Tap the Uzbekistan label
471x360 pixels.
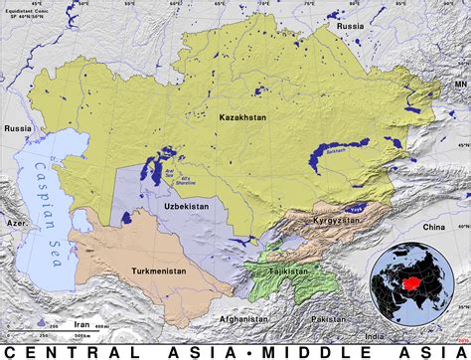click(x=182, y=205)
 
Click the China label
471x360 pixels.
click(x=434, y=228)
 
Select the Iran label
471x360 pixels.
click(x=82, y=323)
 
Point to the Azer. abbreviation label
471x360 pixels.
click(x=15, y=225)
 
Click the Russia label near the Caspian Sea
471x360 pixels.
click(x=17, y=128)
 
